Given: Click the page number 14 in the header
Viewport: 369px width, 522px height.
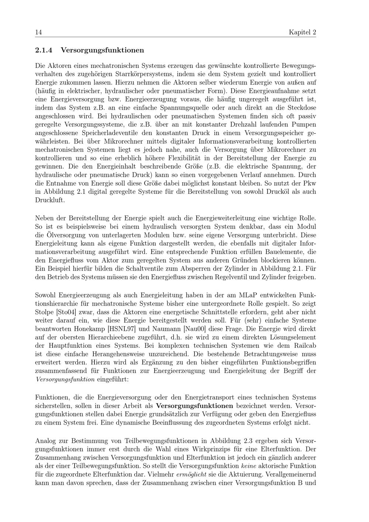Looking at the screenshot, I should [x=38, y=32].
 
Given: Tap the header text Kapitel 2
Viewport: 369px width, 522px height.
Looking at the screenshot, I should [x=302, y=32].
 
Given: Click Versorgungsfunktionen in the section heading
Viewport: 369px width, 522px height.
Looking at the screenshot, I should [x=102, y=50].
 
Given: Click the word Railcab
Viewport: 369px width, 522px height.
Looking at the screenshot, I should [x=305, y=346].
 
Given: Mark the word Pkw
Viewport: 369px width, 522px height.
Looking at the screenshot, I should [x=310, y=183].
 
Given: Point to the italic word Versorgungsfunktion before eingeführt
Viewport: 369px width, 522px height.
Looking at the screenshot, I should [x=65, y=379].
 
